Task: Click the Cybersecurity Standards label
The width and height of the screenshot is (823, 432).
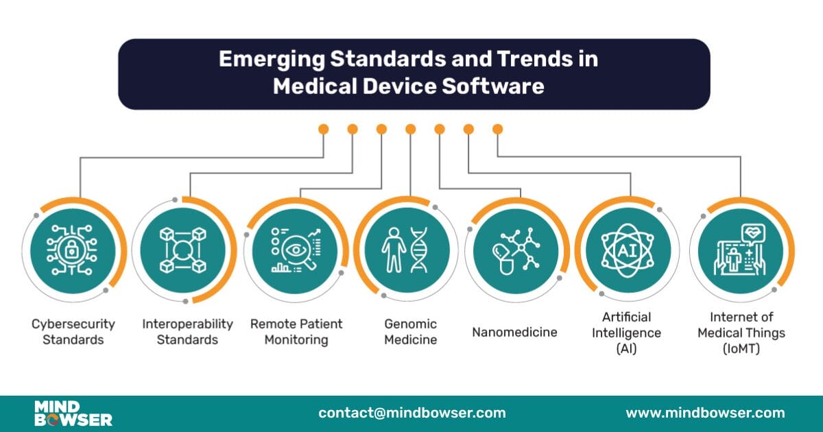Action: pyautogui.click(x=73, y=331)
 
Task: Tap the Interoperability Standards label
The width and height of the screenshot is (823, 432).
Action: pyautogui.click(x=187, y=331)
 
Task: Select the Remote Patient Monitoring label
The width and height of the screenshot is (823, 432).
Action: pyautogui.click(x=296, y=331)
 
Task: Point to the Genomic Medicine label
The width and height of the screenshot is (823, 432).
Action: pyautogui.click(x=410, y=331)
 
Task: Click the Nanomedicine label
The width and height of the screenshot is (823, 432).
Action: pyautogui.click(x=514, y=333)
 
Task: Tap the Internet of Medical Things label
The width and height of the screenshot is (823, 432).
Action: pyautogui.click(x=741, y=333)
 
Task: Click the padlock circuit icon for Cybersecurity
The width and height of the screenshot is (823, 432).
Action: pyautogui.click(x=72, y=251)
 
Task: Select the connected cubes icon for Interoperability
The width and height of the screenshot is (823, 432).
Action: pyautogui.click(x=183, y=251)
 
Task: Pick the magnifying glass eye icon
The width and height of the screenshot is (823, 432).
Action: pyautogui.click(x=296, y=251)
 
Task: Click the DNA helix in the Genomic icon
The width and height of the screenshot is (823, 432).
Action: pyautogui.click(x=419, y=250)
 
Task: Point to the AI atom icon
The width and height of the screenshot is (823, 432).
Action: pyautogui.click(x=627, y=251)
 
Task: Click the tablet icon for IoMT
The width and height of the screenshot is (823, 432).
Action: pyautogui.click(x=740, y=252)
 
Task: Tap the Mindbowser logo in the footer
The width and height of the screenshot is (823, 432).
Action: pyautogui.click(x=73, y=413)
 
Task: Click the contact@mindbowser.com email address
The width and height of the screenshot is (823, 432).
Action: pyautogui.click(x=411, y=413)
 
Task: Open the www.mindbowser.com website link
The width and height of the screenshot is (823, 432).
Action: pyautogui.click(x=705, y=413)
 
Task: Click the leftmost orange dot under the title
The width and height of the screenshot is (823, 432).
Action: pyautogui.click(x=323, y=129)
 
